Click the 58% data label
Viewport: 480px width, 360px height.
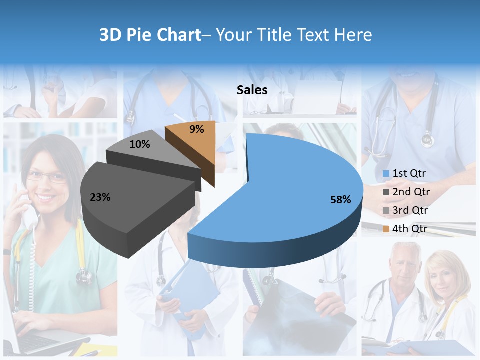point(340,200)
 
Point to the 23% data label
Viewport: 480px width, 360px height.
point(100,197)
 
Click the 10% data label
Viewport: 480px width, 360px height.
point(140,144)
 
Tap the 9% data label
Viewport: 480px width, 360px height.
point(197,129)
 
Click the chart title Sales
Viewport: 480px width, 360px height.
point(252,90)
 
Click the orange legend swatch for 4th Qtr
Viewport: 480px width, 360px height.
point(386,229)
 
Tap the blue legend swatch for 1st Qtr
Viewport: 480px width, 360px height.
point(386,174)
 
